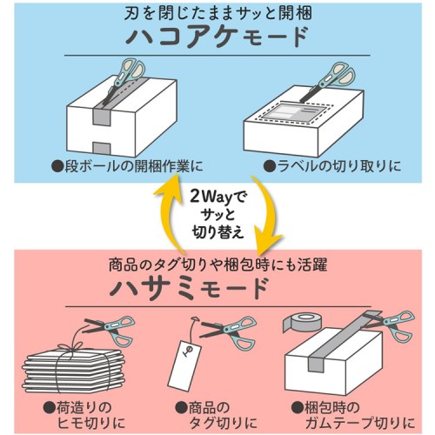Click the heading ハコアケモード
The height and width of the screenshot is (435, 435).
217,37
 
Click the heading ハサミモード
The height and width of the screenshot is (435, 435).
189,289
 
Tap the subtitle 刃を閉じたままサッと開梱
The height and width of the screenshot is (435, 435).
217,13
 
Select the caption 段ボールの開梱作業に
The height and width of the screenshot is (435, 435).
127,166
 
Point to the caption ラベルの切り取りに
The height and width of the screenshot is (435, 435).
332,166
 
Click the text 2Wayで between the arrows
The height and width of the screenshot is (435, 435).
217,197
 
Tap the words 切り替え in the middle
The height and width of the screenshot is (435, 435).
217,232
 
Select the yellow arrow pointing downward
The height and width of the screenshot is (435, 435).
265,216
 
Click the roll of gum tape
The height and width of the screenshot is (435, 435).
302,322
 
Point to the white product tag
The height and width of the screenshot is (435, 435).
183,364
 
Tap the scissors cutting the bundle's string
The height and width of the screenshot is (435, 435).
109,330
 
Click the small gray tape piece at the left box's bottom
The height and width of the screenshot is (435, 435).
102,147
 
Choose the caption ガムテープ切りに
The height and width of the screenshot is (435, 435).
360,424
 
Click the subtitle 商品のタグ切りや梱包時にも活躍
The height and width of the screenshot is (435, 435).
218,264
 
